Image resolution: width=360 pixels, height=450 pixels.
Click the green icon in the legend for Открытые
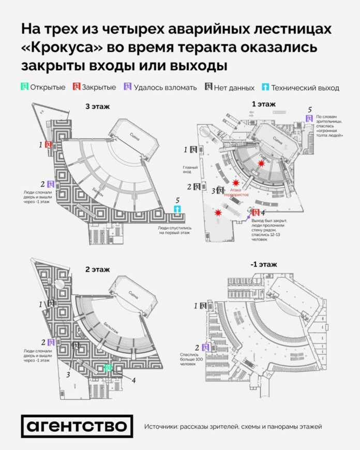24,87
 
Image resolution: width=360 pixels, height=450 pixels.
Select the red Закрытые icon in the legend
77,87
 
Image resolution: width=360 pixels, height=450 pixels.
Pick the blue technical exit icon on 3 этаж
178,209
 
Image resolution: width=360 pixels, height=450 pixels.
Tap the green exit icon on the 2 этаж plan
108,368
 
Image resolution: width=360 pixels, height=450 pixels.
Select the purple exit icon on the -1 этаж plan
206,348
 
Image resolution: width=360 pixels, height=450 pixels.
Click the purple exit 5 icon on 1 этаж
309,118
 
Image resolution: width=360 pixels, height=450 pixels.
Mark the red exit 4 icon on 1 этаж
255,212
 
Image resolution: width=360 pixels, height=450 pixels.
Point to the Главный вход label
189,170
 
